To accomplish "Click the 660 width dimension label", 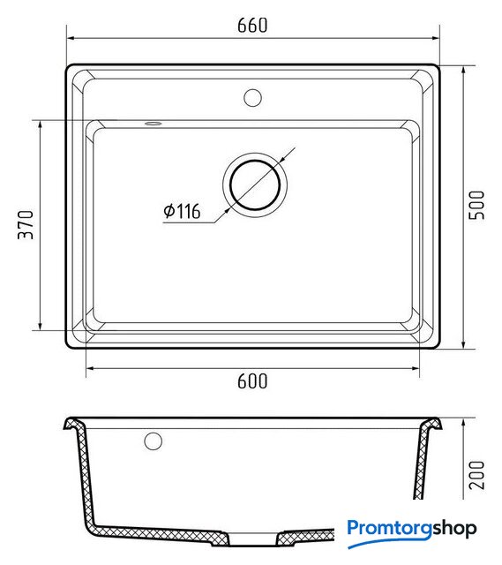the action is [252, 26].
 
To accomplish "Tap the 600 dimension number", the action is [252, 381].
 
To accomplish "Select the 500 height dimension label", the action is [476, 205].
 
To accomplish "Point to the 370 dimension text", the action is [26, 225].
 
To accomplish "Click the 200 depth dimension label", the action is [476, 475].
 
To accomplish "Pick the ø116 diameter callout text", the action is [182, 211].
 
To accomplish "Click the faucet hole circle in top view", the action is [252, 98].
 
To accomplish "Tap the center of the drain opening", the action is [255, 185].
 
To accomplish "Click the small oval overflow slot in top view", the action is [153, 124].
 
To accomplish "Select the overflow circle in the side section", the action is [153, 441].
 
